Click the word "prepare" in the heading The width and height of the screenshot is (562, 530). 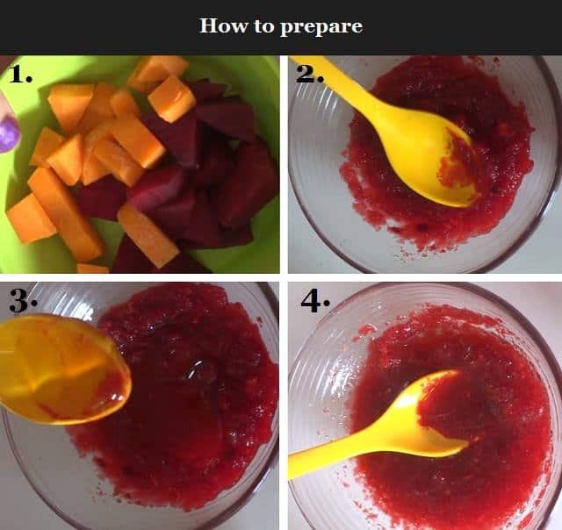click(321, 27)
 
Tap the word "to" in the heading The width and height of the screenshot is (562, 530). click(264, 26)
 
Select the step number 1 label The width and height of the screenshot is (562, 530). click(20, 74)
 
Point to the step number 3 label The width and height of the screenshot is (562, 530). click(23, 300)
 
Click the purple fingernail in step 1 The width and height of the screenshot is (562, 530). click(8, 135)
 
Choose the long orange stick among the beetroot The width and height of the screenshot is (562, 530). click(148, 235)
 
